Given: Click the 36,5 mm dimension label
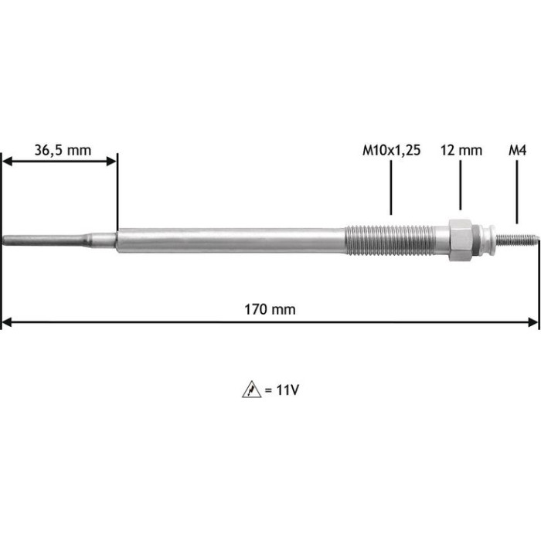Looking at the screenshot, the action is click(x=63, y=151).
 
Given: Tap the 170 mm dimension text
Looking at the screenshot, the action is click(x=270, y=309).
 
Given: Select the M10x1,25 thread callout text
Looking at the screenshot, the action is click(x=391, y=151).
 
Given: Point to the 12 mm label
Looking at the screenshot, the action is click(x=461, y=151).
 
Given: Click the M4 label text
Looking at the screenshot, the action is click(x=517, y=151).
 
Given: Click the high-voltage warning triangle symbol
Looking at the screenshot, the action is click(x=251, y=390).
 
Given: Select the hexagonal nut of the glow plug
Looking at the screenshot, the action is click(x=461, y=240).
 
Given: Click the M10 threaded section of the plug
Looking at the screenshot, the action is click(x=390, y=240).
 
